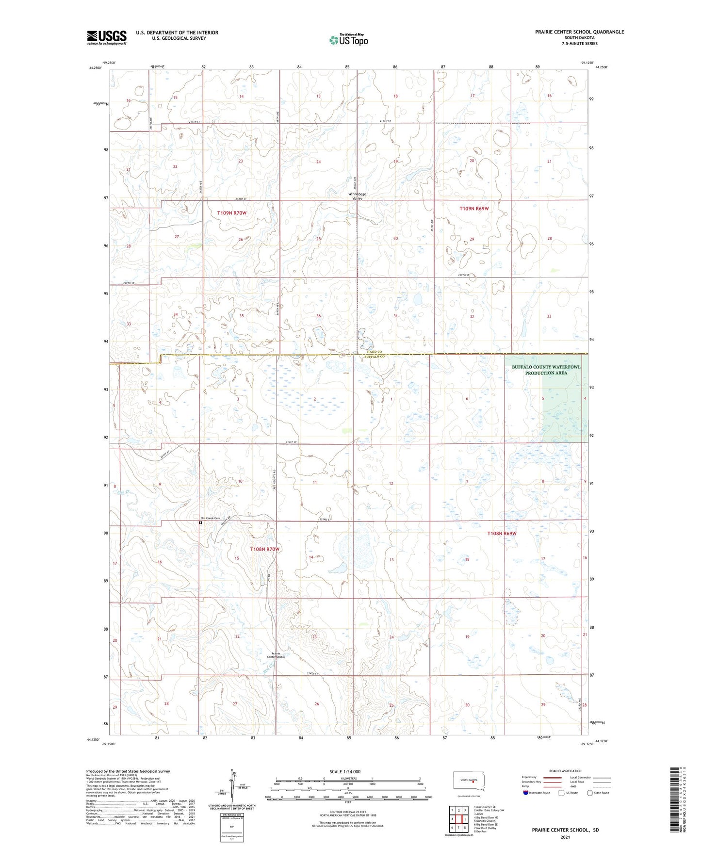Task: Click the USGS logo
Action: (x=107, y=37)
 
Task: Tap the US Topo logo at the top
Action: (x=348, y=40)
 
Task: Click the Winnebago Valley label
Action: (x=358, y=196)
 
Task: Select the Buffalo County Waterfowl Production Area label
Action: (x=546, y=370)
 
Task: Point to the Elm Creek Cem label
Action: (x=210, y=518)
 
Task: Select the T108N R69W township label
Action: (x=502, y=533)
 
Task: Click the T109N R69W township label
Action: (x=474, y=208)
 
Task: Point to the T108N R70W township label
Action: (x=265, y=549)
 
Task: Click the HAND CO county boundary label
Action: (x=374, y=352)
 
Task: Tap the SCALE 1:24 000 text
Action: (x=345, y=771)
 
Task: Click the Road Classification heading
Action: (x=565, y=771)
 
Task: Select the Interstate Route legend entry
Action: (x=536, y=793)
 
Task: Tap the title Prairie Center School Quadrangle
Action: (x=579, y=32)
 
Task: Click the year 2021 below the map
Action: (x=565, y=837)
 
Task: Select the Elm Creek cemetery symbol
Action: (x=200, y=523)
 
